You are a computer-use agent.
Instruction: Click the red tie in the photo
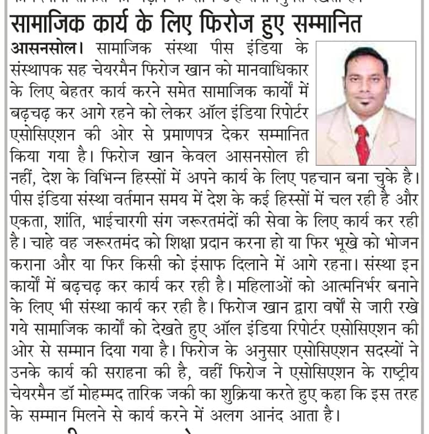pos(362,143)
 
